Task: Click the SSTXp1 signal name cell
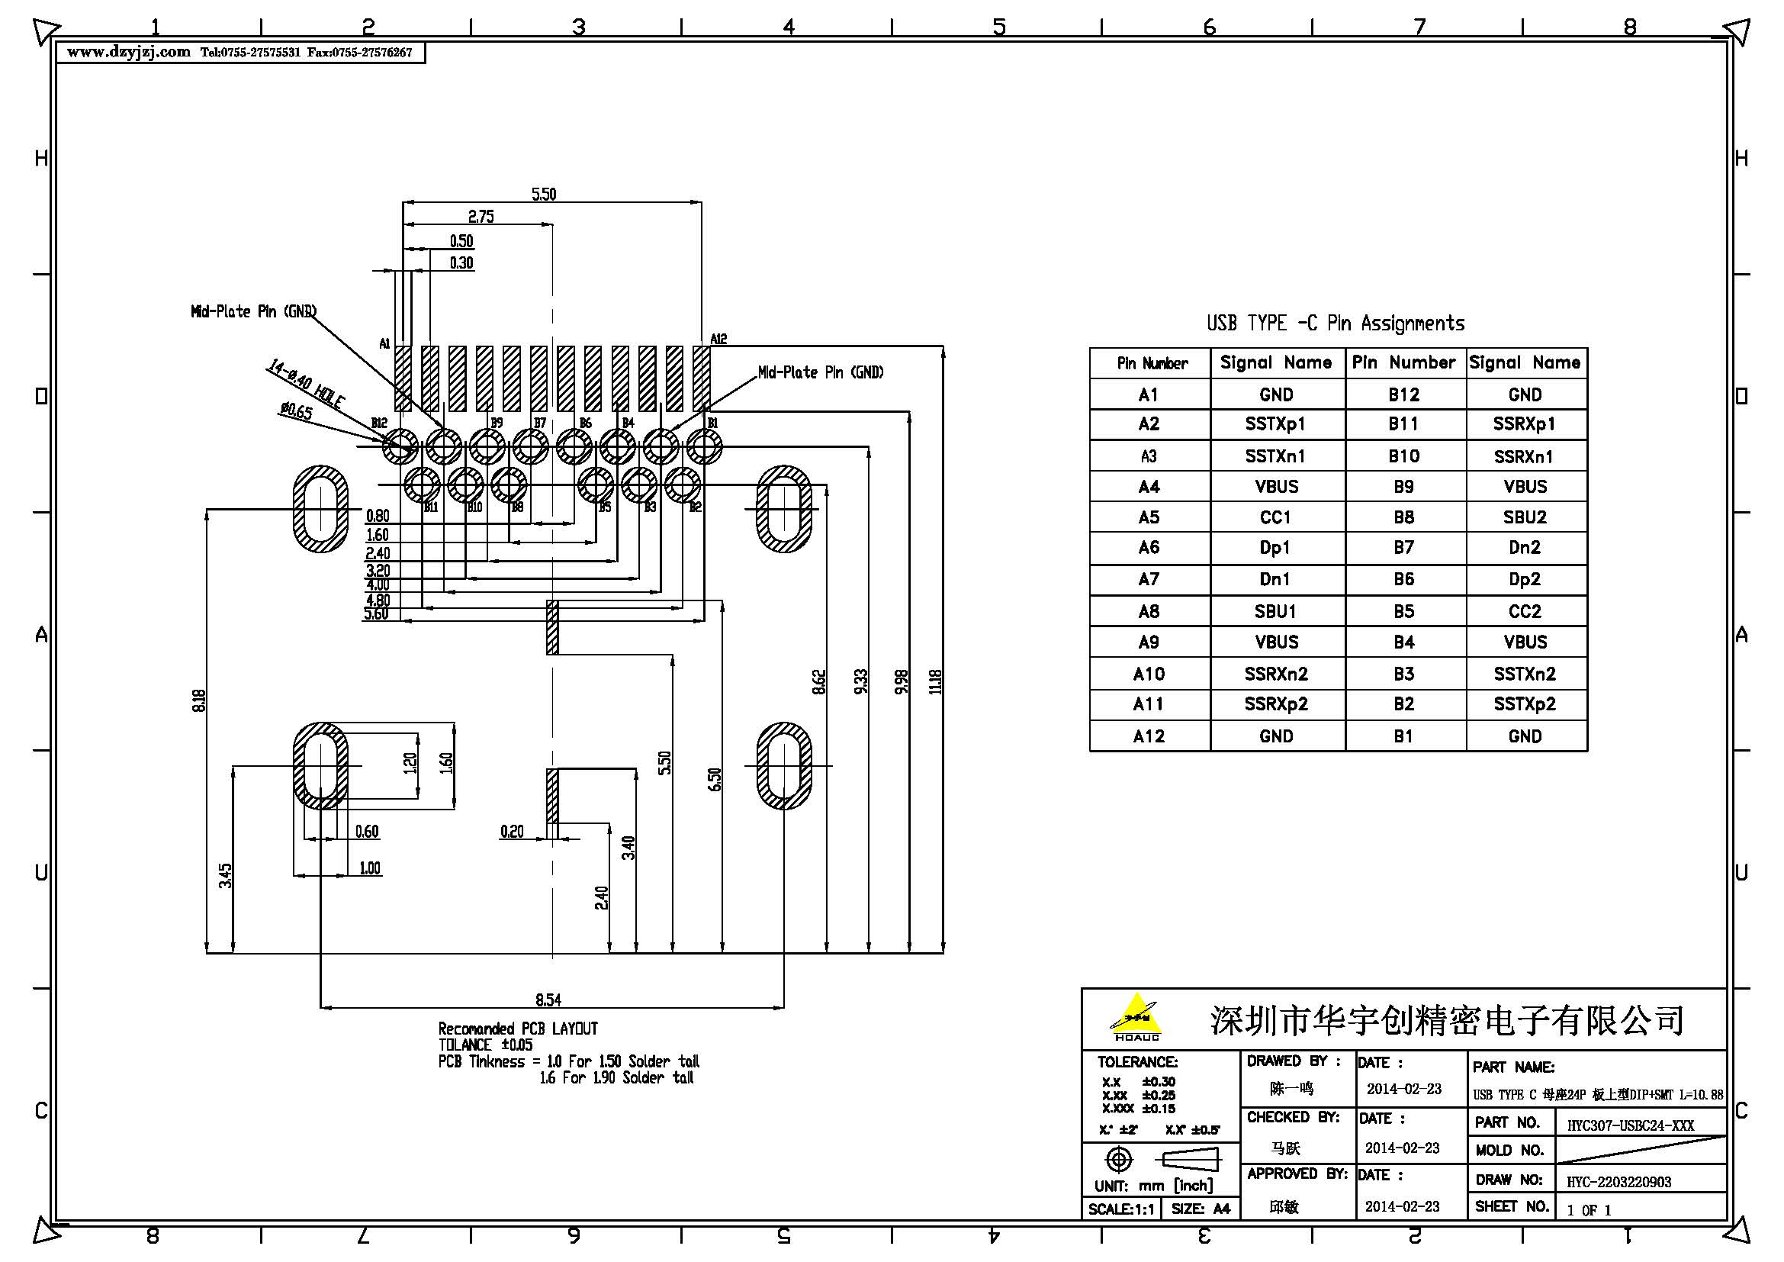click(1275, 424)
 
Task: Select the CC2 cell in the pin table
click(1525, 612)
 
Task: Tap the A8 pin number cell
click(1149, 612)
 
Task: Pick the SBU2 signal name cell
click(1525, 517)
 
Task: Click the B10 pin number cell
click(1403, 456)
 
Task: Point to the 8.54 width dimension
click(548, 1000)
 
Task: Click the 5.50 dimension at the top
click(544, 195)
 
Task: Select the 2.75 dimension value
click(481, 217)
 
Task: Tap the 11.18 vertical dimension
click(936, 681)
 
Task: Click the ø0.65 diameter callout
click(296, 410)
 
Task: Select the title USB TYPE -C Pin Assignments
click(1336, 324)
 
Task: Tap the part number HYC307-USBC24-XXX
click(1630, 1125)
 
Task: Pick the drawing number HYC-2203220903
click(1618, 1182)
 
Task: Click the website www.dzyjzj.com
click(128, 52)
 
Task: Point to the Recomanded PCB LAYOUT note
click(518, 1029)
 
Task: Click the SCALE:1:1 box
click(1120, 1209)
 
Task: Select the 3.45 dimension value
click(225, 876)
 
